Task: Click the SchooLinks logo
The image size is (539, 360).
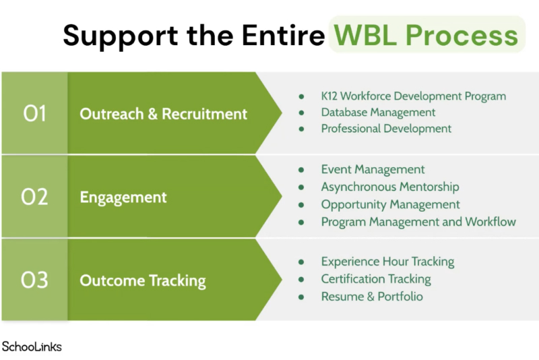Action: [x=32, y=347]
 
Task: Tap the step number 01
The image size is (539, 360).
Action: [x=34, y=114]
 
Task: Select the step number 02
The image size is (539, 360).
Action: [x=34, y=198]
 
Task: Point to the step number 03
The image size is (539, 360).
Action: [x=34, y=280]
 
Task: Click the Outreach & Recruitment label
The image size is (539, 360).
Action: [x=164, y=114]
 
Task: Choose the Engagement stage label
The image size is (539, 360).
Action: [x=123, y=198]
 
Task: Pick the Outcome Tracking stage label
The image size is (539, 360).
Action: [x=143, y=280]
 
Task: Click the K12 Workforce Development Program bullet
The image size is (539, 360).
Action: [x=413, y=96]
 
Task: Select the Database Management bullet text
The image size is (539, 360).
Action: [x=378, y=112]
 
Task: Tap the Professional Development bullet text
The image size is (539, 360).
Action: [x=386, y=128]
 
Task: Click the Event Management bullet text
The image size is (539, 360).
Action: [x=373, y=169]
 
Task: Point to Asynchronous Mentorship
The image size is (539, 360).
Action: [x=389, y=187]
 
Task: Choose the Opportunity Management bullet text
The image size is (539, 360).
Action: [x=390, y=204]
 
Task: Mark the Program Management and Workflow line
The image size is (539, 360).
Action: [x=418, y=222]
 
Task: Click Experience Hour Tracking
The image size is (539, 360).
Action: [x=387, y=262]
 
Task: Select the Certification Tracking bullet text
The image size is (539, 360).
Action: [x=375, y=279]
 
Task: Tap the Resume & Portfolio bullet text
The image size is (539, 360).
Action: [x=372, y=297]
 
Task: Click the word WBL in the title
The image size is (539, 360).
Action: [x=368, y=34]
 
